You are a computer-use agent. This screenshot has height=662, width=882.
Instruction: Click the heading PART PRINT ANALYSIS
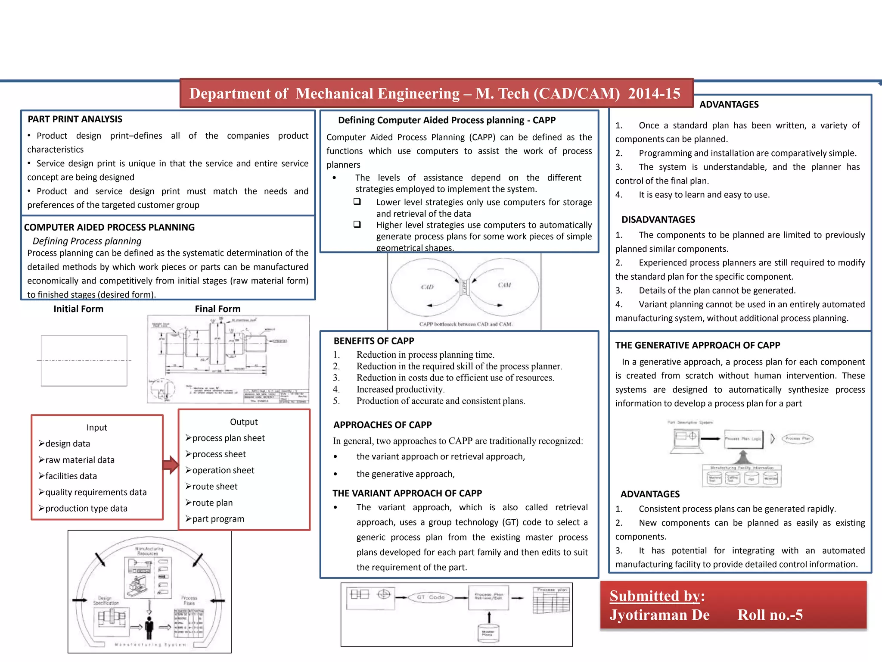tap(75, 119)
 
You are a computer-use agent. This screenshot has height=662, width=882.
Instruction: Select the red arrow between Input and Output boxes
tap(171, 465)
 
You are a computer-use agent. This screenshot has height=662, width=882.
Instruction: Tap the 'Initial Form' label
tap(78, 309)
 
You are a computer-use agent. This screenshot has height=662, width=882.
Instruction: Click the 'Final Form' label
tap(217, 309)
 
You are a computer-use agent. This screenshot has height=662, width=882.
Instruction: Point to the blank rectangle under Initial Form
tap(84, 361)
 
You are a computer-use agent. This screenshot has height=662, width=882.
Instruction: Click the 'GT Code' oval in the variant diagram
tap(430, 597)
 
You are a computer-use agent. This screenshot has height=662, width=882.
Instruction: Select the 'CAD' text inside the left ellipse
tap(427, 287)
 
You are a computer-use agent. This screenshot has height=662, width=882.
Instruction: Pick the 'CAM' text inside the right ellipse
tap(504, 285)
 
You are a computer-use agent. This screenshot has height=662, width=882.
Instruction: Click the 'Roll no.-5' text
tap(770, 615)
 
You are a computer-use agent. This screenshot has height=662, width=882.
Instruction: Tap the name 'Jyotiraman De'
tap(659, 615)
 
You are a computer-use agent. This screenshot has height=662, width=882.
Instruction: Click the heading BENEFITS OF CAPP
tap(373, 341)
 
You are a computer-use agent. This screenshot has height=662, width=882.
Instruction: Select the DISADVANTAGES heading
tap(658, 220)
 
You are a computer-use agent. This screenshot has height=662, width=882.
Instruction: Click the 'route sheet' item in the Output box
tap(214, 487)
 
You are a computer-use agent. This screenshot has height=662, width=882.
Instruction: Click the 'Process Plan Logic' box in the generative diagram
tap(743, 439)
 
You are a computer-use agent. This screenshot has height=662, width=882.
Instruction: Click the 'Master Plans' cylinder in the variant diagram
tap(488, 633)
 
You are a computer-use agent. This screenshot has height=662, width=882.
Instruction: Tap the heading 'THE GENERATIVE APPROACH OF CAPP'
tap(697, 345)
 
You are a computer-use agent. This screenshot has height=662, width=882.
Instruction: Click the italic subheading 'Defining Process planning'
tap(87, 241)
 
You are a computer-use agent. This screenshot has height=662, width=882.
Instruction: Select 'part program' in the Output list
tap(218, 519)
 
